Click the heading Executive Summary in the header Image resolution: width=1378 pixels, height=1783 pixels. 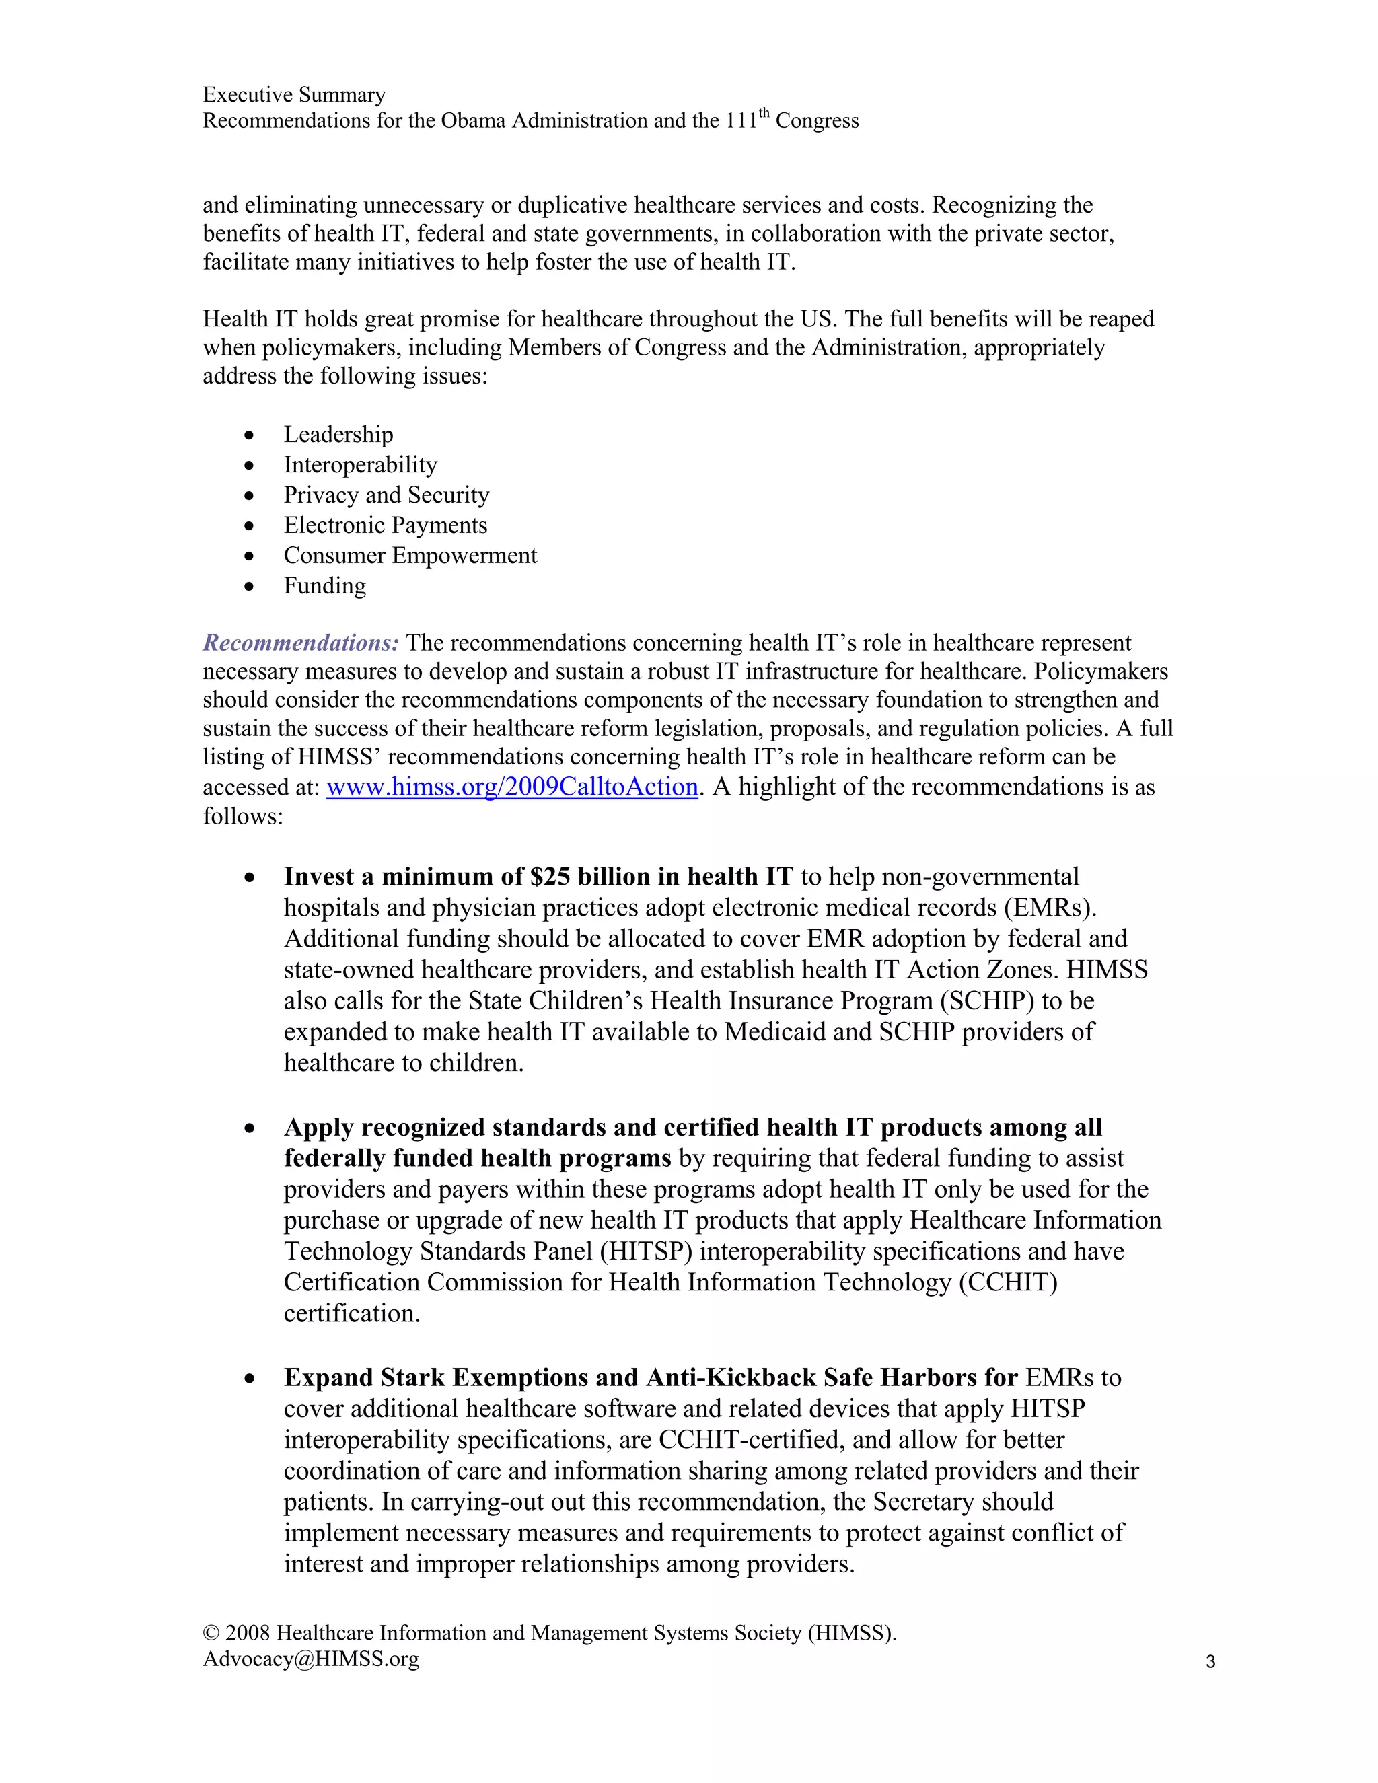tap(294, 95)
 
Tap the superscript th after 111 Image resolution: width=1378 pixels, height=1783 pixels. tap(764, 114)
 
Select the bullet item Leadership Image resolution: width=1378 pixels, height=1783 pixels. tap(338, 435)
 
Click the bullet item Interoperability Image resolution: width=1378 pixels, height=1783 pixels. tap(360, 464)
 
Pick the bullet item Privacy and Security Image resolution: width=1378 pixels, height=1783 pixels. tap(386, 495)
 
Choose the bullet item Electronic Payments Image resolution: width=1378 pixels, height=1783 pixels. tap(386, 525)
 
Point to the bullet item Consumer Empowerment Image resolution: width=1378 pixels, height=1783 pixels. tap(410, 555)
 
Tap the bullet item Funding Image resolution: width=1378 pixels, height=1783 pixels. tap(325, 585)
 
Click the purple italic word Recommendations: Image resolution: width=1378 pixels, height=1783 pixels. tap(300, 643)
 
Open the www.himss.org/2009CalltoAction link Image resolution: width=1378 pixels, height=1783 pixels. tap(512, 786)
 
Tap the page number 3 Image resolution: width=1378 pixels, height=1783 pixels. tap(1210, 1661)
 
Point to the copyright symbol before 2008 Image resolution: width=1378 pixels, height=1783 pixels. tap(211, 1633)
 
